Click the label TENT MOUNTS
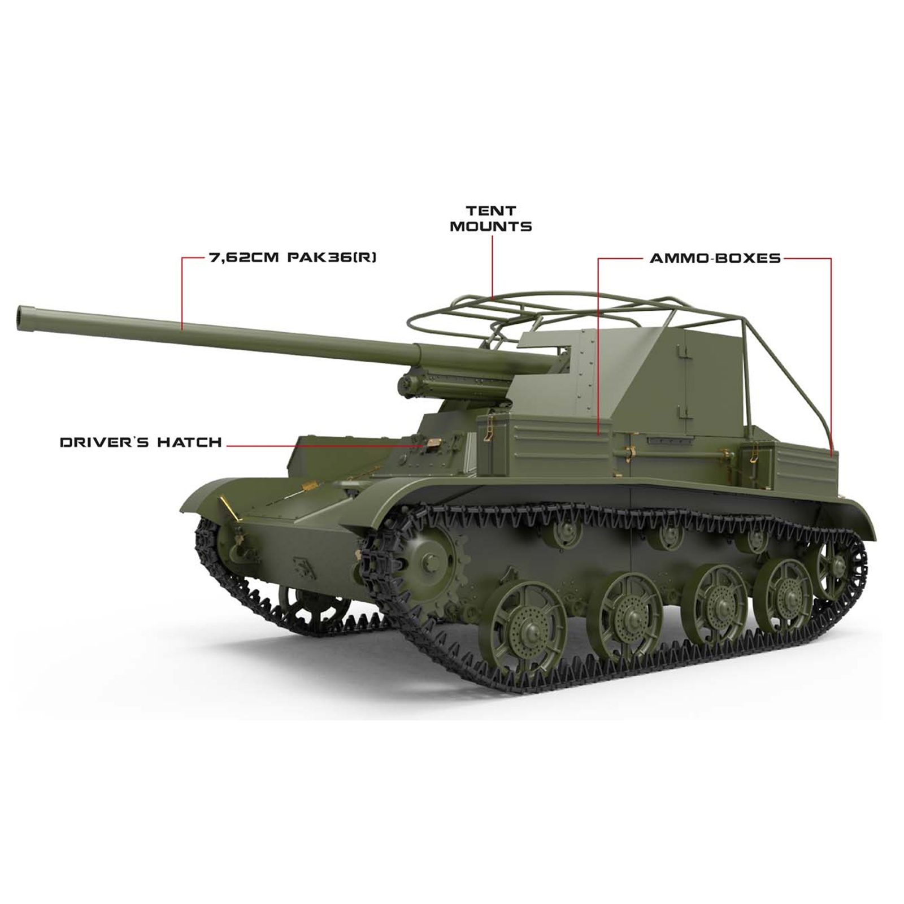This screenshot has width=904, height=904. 490,219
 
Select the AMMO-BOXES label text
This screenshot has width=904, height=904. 715,258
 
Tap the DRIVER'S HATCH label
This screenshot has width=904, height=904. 141,442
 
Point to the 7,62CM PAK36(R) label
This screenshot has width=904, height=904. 293,258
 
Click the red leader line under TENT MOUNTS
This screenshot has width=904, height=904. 492,266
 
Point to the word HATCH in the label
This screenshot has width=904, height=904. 189,442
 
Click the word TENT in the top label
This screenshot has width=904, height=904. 490,211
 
